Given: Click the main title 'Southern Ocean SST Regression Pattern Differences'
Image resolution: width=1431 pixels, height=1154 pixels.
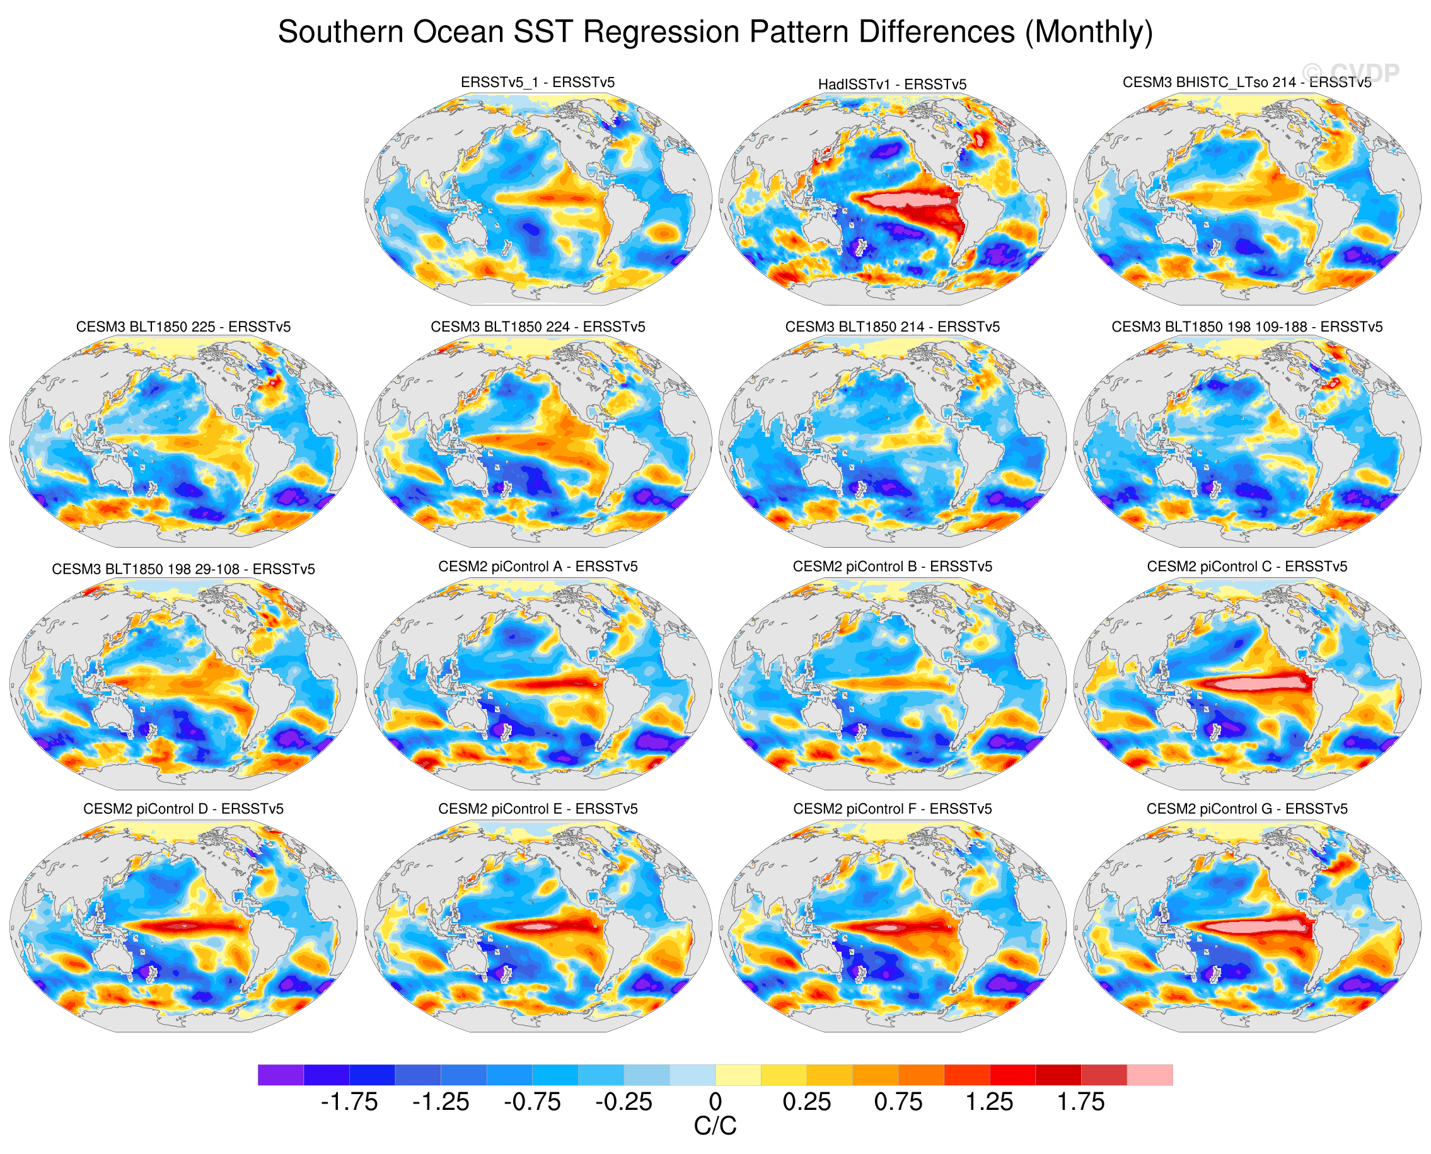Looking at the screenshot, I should [x=715, y=32].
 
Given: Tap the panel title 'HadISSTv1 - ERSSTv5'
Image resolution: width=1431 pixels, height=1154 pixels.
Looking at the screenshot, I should [x=892, y=84].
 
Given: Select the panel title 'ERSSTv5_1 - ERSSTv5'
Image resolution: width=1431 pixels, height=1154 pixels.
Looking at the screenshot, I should [x=537, y=83].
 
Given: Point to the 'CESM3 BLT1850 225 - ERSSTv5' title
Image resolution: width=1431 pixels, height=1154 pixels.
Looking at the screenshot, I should [x=183, y=326].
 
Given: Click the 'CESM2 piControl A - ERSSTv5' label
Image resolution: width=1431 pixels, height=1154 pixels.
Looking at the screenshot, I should [x=537, y=567].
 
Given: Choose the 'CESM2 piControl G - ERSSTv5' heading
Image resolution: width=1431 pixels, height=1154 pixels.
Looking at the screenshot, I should [x=1247, y=809].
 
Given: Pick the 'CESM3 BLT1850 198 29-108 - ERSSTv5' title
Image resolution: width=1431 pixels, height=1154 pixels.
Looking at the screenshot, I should [x=183, y=569].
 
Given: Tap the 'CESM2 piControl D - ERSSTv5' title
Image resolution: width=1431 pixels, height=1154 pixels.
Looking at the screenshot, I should [x=183, y=809].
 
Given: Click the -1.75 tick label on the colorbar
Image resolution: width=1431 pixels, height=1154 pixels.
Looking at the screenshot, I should [x=349, y=1102].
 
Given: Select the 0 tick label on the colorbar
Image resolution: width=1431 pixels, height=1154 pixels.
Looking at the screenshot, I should [x=715, y=1102].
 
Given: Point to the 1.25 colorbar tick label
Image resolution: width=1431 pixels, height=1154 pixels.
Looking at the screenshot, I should [x=990, y=1102].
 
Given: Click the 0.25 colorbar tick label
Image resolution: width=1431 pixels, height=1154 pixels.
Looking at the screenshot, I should [x=807, y=1102].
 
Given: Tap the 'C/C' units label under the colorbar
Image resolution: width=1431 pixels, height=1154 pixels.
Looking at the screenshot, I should [x=715, y=1126].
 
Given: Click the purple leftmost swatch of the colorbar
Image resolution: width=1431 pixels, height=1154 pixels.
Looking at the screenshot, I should [x=281, y=1075].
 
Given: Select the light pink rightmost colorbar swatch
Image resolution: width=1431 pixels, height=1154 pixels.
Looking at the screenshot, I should [x=1150, y=1075].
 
